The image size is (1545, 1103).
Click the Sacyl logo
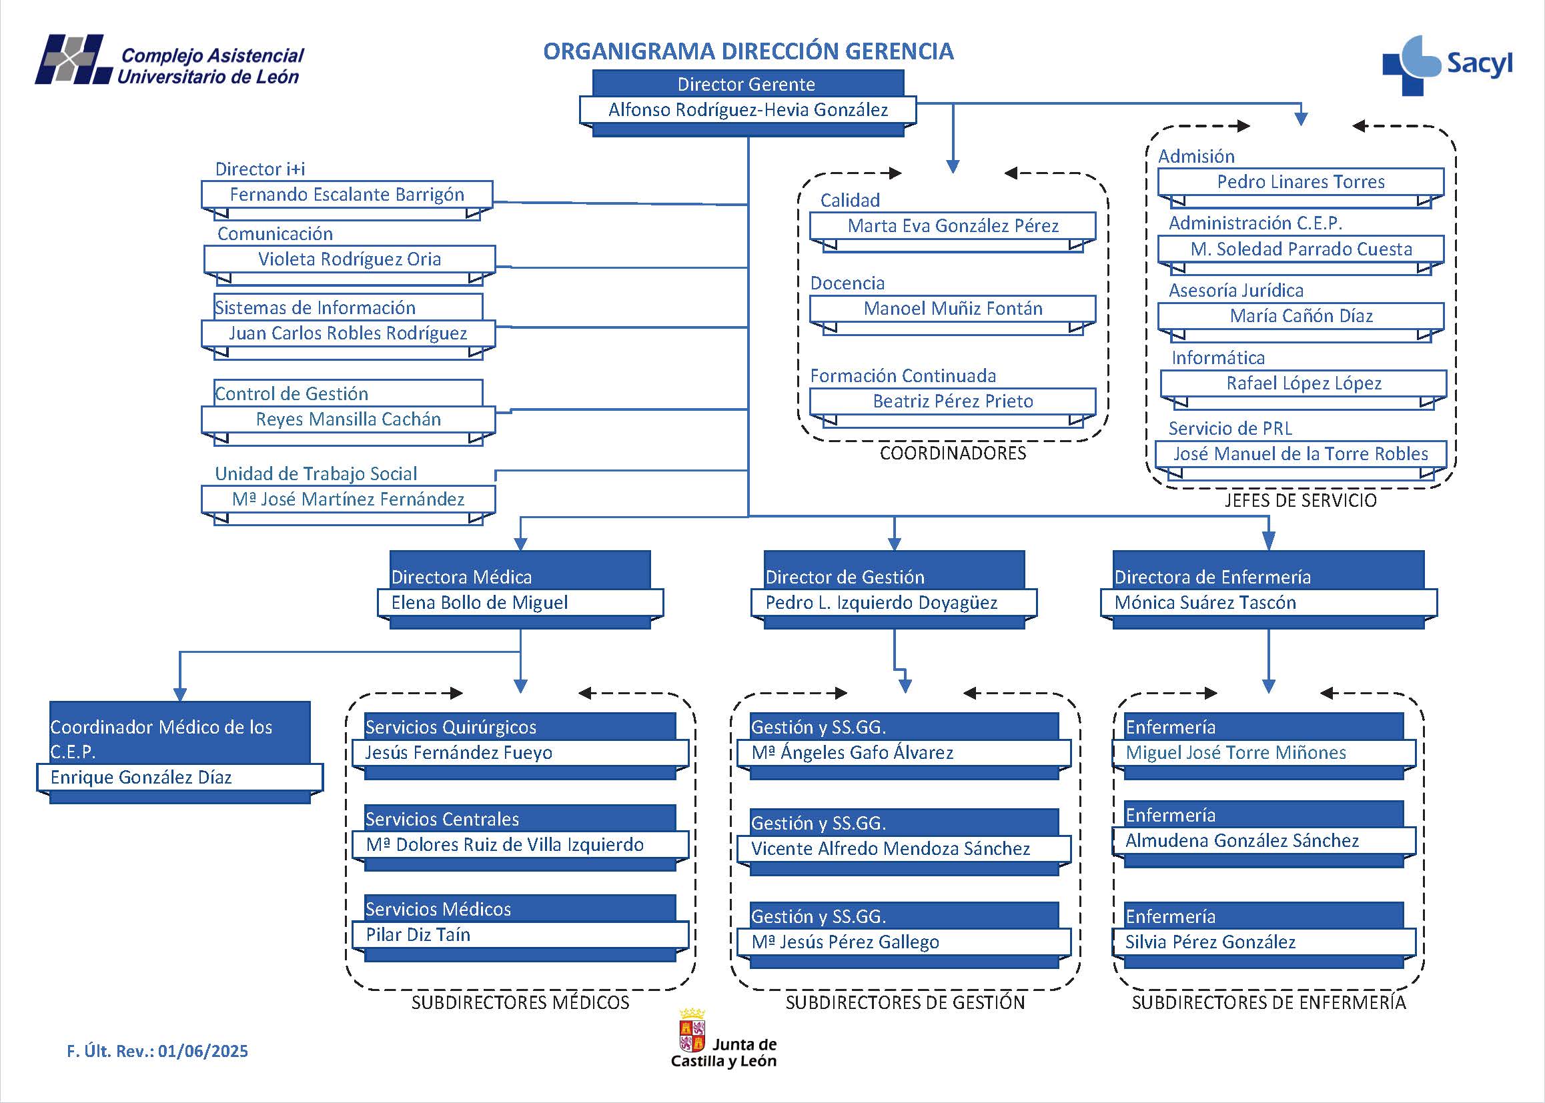click(x=1447, y=65)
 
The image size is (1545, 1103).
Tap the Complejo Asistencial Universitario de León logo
click(x=170, y=61)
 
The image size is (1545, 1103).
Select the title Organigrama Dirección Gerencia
click(x=748, y=51)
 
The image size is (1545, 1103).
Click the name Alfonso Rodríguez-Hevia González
click(x=747, y=110)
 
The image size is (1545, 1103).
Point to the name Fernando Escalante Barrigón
click(x=346, y=195)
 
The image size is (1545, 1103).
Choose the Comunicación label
click(x=275, y=233)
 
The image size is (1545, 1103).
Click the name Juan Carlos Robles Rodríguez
click(x=348, y=333)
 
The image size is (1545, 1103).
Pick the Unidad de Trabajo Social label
click(x=316, y=473)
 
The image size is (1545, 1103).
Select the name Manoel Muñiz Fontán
click(x=953, y=309)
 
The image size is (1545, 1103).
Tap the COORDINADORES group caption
click(x=953, y=453)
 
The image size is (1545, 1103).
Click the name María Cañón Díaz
click(x=1301, y=316)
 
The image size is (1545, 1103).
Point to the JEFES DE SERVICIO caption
click(x=1300, y=501)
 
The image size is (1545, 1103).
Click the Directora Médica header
click(x=462, y=577)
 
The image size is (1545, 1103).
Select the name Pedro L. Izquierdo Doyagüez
click(x=881, y=602)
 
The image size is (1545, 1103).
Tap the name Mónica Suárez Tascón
click(x=1205, y=602)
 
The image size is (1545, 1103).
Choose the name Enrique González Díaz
click(x=141, y=777)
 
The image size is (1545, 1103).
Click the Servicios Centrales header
click(x=442, y=819)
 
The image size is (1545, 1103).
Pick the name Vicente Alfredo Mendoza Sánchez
click(x=890, y=848)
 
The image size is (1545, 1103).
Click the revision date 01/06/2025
click(x=203, y=1052)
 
